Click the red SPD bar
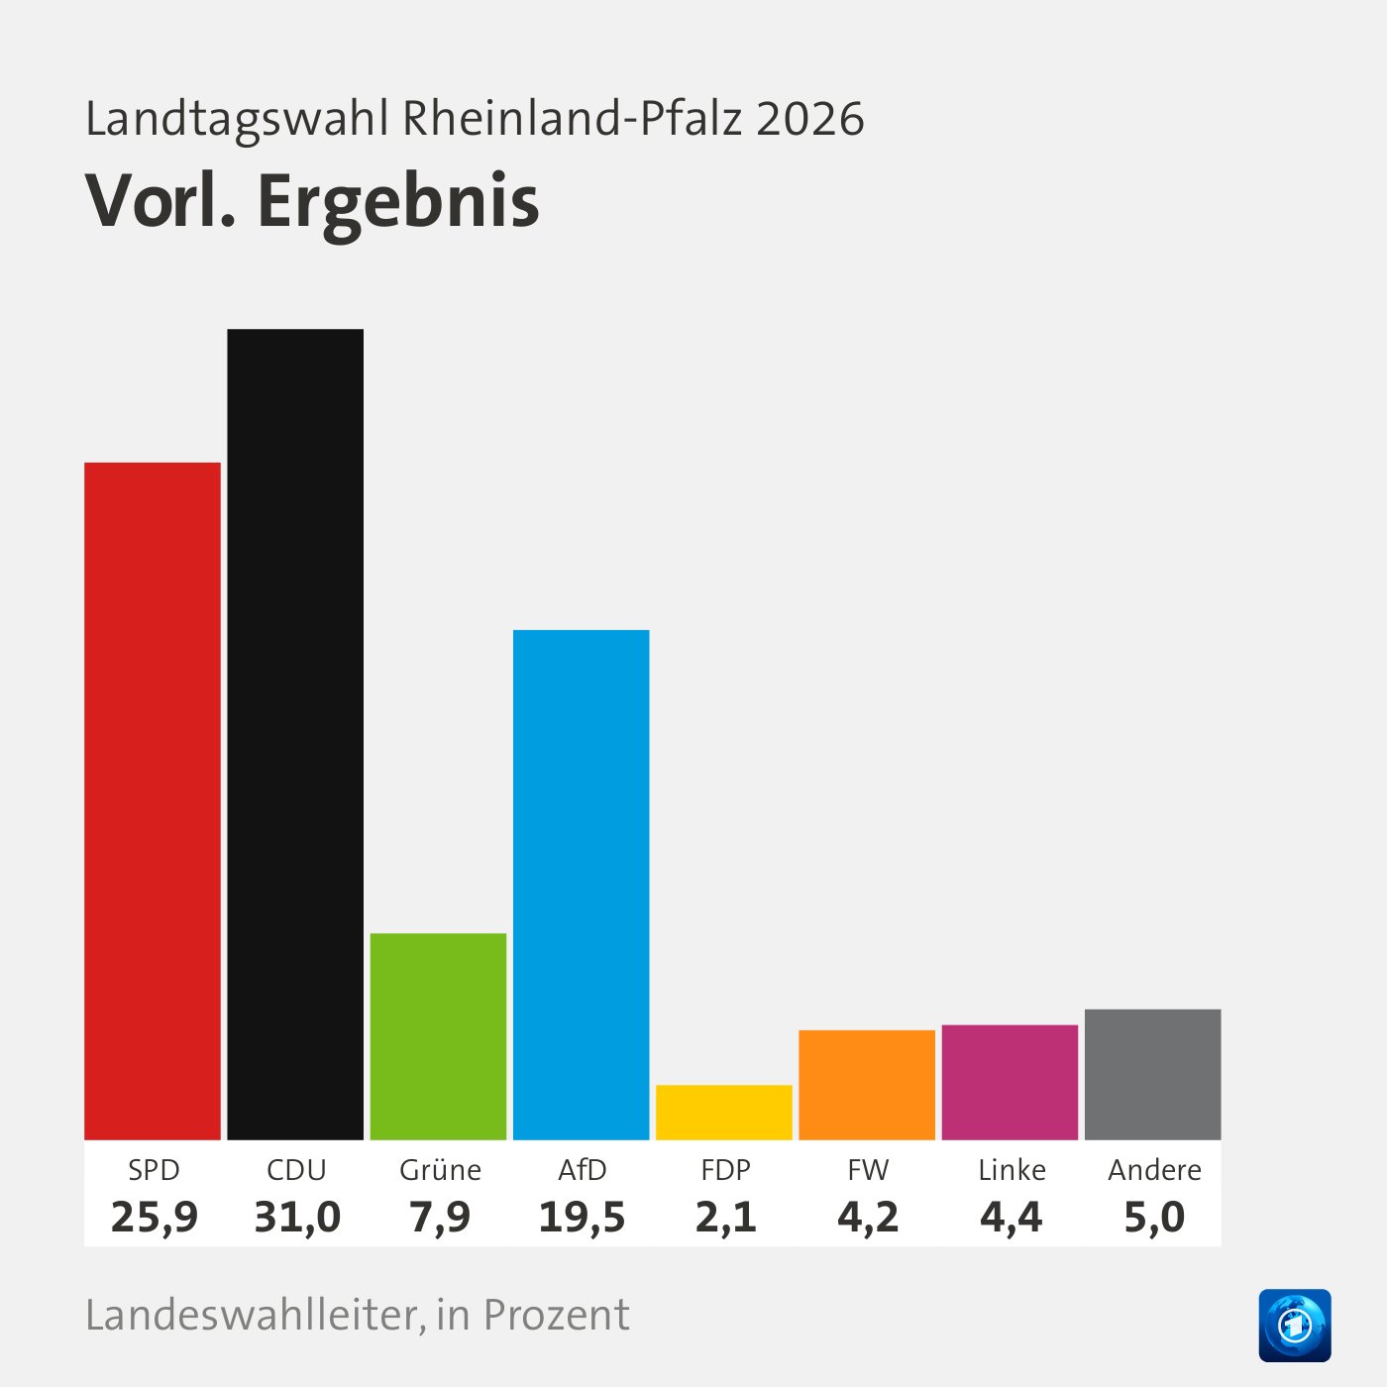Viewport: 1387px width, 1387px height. [x=153, y=800]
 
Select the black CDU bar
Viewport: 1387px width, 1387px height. [x=295, y=733]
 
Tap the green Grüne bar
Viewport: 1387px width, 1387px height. [x=438, y=1036]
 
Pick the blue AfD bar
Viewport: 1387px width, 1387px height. [x=582, y=884]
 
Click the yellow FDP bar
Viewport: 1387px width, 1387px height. [x=724, y=1113]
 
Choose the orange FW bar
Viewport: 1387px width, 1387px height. [x=867, y=1085]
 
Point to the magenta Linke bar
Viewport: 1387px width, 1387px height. [x=1010, y=1082]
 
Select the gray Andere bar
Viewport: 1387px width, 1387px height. [x=1153, y=1074]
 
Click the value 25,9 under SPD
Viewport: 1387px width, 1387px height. [x=155, y=1217]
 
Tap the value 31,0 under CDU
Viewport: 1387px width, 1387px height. [x=297, y=1217]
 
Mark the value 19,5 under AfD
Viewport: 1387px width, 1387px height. [x=582, y=1217]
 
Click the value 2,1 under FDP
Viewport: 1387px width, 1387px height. [x=725, y=1217]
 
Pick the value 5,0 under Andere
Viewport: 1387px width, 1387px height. [x=1154, y=1217]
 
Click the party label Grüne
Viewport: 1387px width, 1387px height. [x=440, y=1170]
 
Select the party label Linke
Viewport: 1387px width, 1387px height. [x=1012, y=1170]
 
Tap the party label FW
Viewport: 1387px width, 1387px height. [x=868, y=1170]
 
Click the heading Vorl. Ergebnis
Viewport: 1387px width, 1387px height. [x=313, y=202]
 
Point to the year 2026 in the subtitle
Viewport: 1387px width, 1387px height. [x=810, y=119]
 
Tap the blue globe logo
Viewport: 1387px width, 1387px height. [x=1295, y=1326]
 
